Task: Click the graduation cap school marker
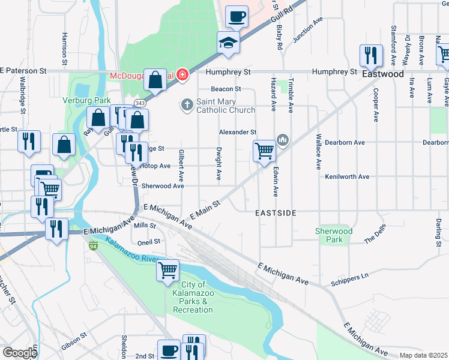pyautogui.click(x=228, y=43)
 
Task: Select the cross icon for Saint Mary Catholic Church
pyautogui.click(x=187, y=104)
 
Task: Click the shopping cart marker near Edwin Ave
pyautogui.click(x=264, y=151)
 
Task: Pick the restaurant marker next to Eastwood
pyautogui.click(x=371, y=56)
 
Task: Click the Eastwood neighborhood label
pyautogui.click(x=382, y=74)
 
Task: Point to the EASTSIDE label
pyautogui.click(x=276, y=213)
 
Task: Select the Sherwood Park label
pyautogui.click(x=334, y=235)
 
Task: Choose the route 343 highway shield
pyautogui.click(x=139, y=103)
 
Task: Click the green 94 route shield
pyautogui.click(x=93, y=246)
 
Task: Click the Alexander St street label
pyautogui.click(x=238, y=132)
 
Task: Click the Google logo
pyautogui.click(x=20, y=353)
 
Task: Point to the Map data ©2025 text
pyautogui.click(x=423, y=355)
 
